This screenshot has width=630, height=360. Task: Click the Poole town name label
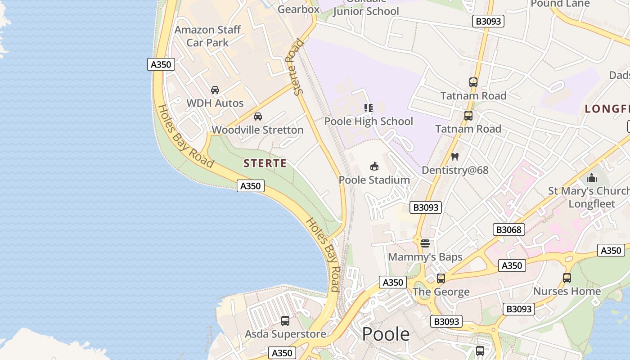coord(386,334)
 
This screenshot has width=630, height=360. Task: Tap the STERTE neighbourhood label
coord(265,163)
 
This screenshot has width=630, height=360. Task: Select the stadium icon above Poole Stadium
coord(374,166)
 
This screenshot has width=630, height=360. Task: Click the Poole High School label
coord(369,121)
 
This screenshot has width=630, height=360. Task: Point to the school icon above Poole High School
coord(369,108)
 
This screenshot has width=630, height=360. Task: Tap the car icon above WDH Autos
coord(215,90)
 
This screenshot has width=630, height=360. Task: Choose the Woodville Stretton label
coord(257,130)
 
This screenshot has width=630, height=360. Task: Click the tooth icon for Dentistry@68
coord(454,157)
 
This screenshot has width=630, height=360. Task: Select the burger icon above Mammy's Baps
coord(425,243)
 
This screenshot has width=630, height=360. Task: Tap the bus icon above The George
coord(441,278)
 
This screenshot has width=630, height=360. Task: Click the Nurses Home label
coord(567,291)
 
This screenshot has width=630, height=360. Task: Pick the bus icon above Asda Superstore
coord(285,321)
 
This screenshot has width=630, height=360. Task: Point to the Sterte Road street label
coord(296,67)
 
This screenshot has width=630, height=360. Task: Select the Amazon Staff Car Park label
coord(207,36)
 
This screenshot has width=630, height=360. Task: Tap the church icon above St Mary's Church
coord(592,178)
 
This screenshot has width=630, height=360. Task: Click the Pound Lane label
coord(560,4)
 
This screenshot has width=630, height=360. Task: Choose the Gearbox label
coord(298,9)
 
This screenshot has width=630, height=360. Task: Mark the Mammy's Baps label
coord(425,257)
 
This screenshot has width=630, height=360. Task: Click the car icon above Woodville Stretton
coord(258,117)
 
